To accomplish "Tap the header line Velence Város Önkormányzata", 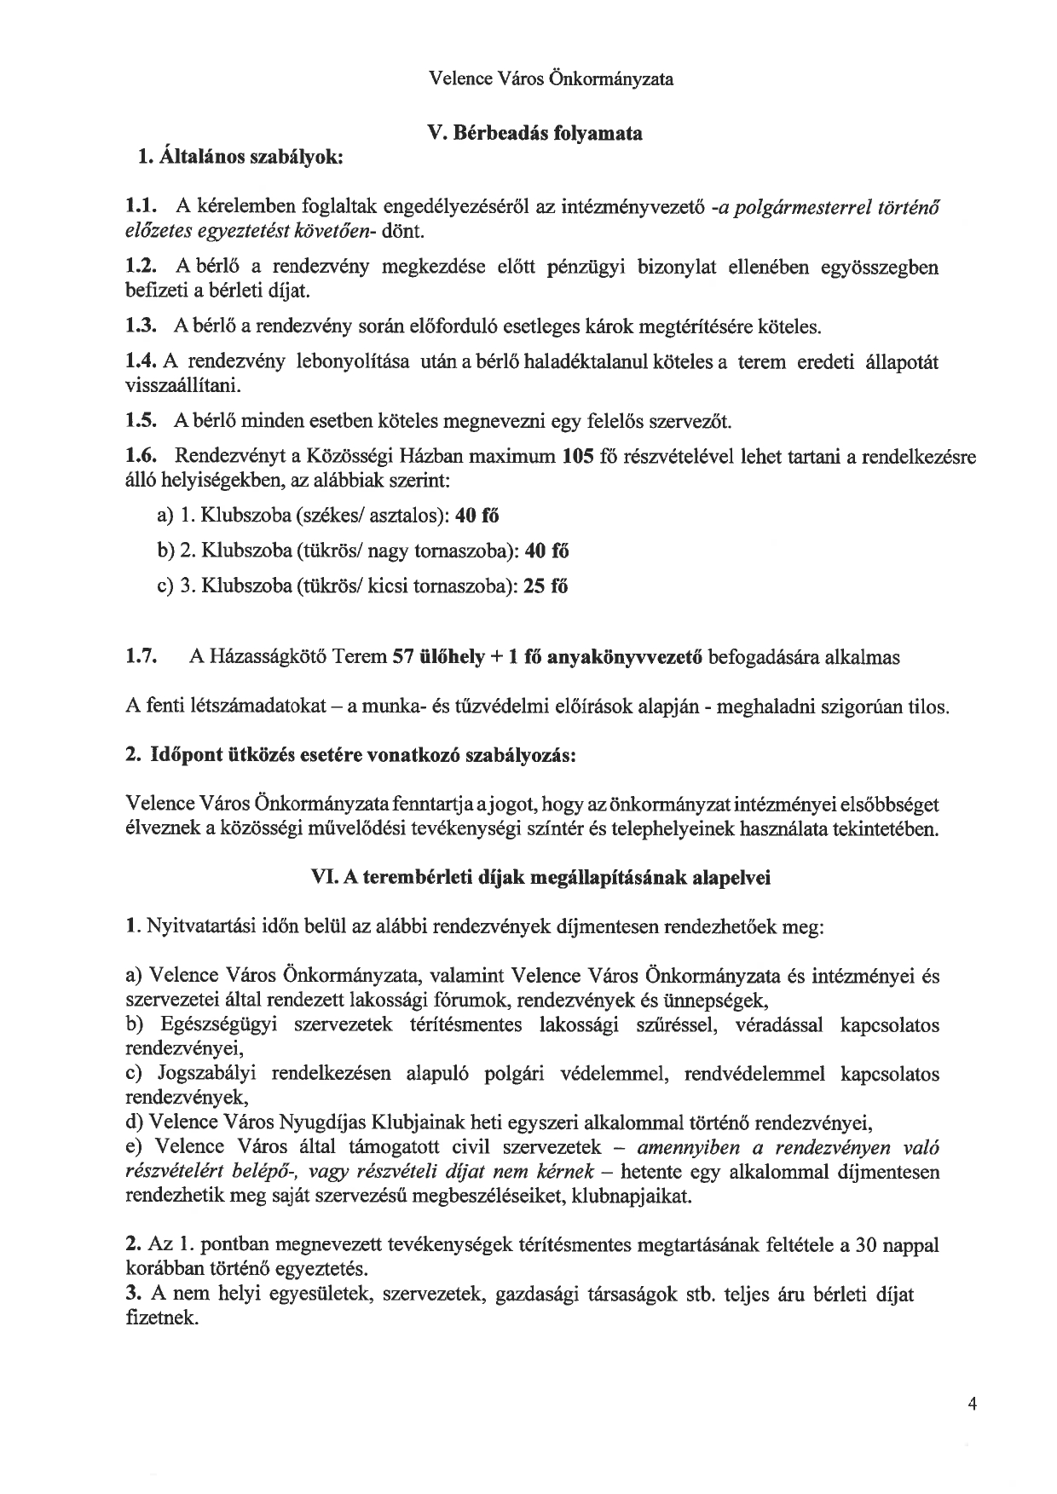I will tap(552, 79).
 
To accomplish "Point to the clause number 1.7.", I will tap(141, 657).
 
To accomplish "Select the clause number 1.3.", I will tap(140, 326).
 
